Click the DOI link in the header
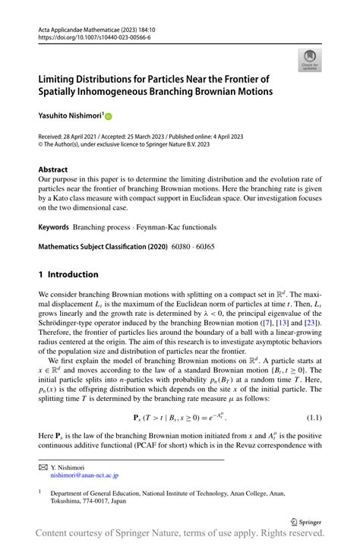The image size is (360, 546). [x=85, y=36]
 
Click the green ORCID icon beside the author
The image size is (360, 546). [x=109, y=117]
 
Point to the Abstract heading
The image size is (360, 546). [x=53, y=169]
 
